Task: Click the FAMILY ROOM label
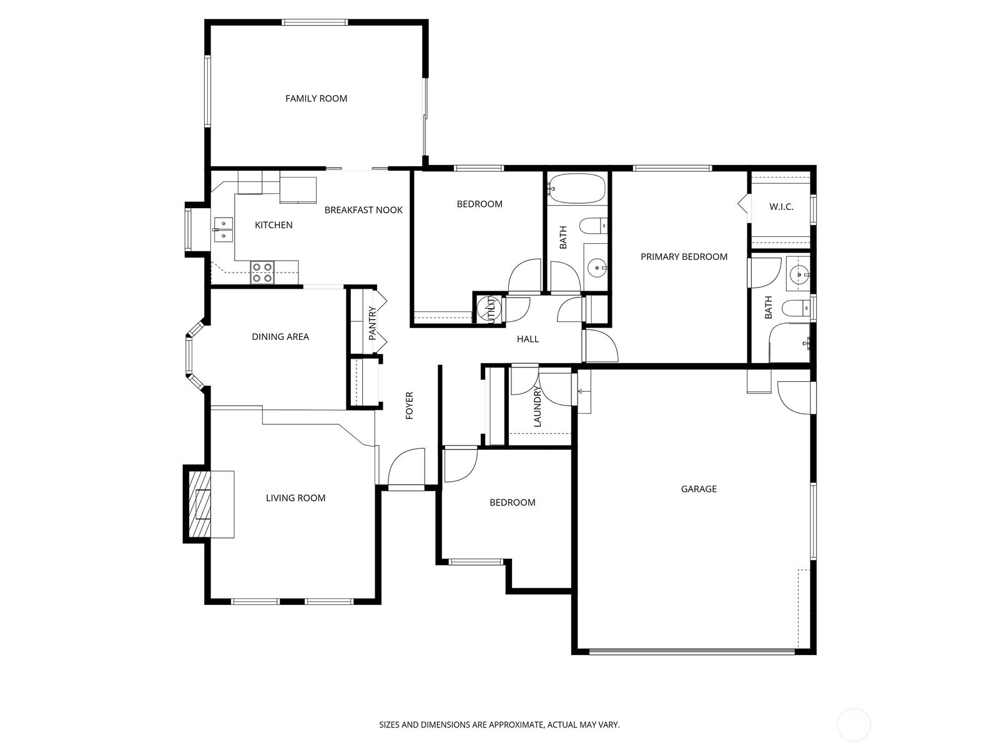coord(316,98)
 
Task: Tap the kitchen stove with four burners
coord(262,272)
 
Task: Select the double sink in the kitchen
coord(223,229)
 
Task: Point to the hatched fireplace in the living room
coord(200,504)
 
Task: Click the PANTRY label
coord(372,323)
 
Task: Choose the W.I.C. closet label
coord(781,207)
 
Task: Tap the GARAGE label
coord(699,489)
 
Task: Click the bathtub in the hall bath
coord(577,188)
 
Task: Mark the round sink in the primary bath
coord(799,274)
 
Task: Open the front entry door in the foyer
coord(406,467)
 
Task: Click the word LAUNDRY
coord(537,406)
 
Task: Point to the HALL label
coord(528,339)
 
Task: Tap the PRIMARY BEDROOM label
coord(684,257)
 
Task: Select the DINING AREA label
coord(280,337)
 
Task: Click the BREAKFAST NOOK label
coord(363,210)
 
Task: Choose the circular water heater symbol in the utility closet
coord(488,308)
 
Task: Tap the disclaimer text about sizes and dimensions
coord(499,725)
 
